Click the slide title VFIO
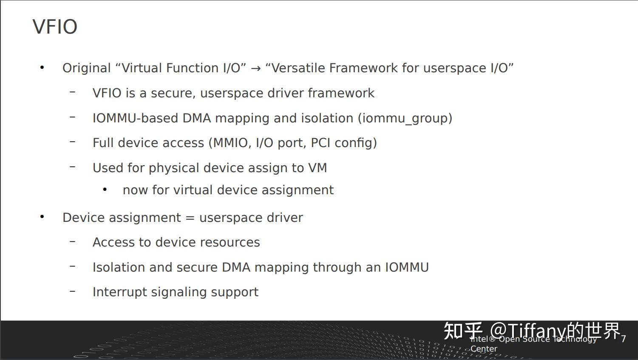pos(55,27)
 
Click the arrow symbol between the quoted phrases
pos(255,68)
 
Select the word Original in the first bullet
pos(87,68)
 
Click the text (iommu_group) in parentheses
pos(405,118)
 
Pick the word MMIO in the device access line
pos(231,143)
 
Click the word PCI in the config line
pos(320,143)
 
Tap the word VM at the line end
pos(318,168)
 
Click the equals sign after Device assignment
pos(190,218)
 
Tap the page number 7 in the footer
pos(623,339)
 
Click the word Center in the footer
pos(484,349)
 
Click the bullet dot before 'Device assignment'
pos(42,217)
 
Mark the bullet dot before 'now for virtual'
pos(105,190)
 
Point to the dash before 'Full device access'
pos(73,142)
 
